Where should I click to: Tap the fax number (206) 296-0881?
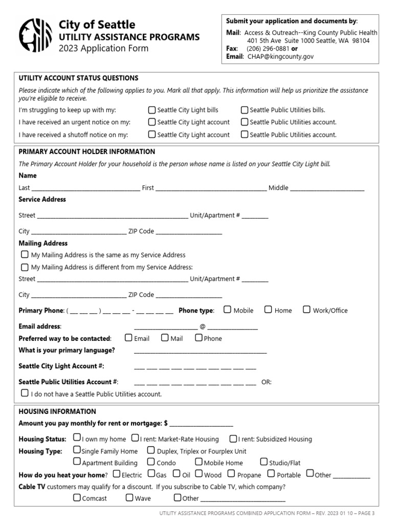268,49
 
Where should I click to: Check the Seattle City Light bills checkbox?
152,110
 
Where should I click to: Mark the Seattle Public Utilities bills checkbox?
245,110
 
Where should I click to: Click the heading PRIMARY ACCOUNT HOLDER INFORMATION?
86,152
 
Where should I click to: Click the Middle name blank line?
327,189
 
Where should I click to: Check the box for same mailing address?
25,254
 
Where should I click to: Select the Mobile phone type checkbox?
227,310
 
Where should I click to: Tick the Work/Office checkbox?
307,310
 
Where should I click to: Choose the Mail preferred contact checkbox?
165,338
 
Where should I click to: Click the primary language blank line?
200,352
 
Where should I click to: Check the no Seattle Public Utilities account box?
25,394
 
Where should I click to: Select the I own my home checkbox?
77,438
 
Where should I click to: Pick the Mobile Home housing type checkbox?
199,462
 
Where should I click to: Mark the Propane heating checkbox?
231,474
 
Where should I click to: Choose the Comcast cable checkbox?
77,497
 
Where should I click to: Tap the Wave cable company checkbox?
129,497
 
